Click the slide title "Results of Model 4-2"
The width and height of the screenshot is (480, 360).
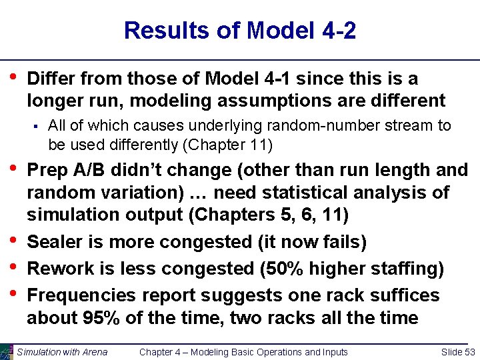point(240,31)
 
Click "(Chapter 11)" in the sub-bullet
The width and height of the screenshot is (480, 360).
point(228,144)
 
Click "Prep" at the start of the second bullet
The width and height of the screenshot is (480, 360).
point(47,170)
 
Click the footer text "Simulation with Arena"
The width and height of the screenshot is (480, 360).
point(63,352)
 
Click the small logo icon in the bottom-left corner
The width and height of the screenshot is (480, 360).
point(7,351)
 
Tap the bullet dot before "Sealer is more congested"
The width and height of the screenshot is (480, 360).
point(13,241)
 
